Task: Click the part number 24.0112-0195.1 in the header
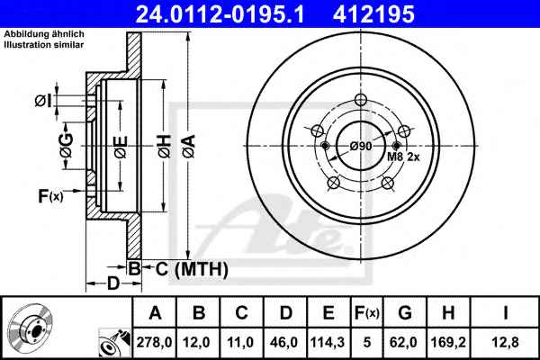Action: (220, 14)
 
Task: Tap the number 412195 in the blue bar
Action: (373, 14)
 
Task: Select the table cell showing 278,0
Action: (154, 342)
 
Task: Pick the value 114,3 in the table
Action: (328, 342)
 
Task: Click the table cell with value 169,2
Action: (448, 342)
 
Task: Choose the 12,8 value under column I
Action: (505, 342)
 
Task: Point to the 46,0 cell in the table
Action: (283, 342)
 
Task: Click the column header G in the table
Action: (405, 313)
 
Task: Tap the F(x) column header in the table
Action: (367, 313)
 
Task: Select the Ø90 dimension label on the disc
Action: (361, 147)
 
